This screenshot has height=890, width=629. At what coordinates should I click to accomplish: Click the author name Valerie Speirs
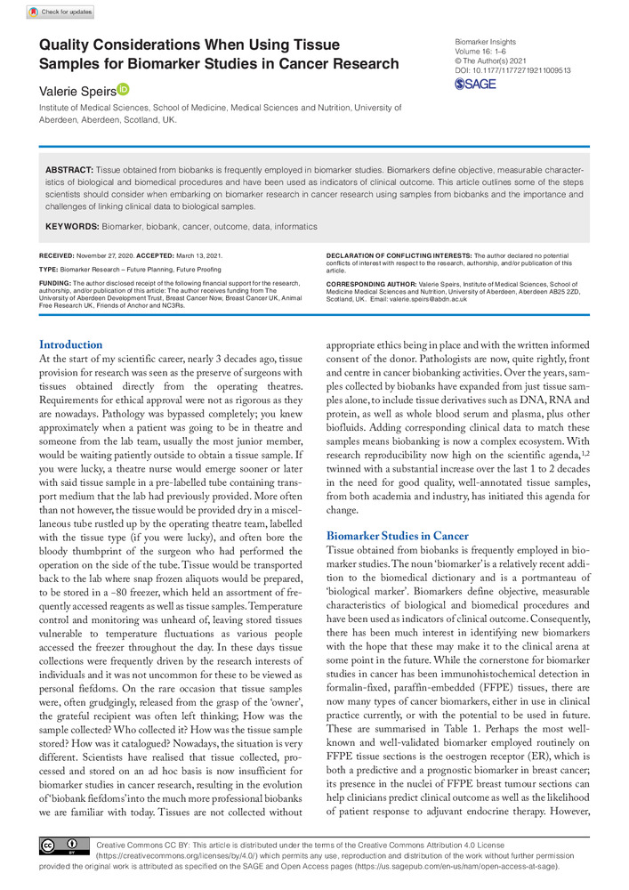pyautogui.click(x=77, y=90)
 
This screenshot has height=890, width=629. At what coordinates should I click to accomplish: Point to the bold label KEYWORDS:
pyautogui.click(x=73, y=227)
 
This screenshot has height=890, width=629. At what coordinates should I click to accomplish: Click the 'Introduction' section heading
pyautogui.click(x=71, y=345)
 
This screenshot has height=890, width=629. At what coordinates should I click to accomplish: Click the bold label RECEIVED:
pyautogui.click(x=58, y=255)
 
